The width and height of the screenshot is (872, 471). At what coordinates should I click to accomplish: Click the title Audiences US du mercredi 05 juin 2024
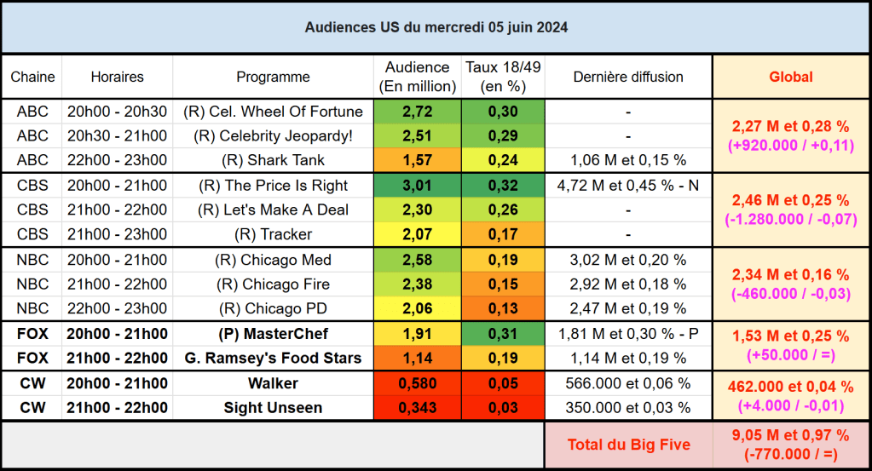pyautogui.click(x=436, y=27)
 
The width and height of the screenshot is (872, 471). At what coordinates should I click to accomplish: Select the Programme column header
pyautogui.click(x=273, y=77)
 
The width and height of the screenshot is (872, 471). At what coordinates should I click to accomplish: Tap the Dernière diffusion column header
pyautogui.click(x=628, y=77)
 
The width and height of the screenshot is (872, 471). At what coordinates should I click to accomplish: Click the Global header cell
pyautogui.click(x=791, y=77)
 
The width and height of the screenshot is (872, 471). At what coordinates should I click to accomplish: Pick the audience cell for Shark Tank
pyautogui.click(x=417, y=160)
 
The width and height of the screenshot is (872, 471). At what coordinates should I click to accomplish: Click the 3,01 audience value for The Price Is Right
pyautogui.click(x=417, y=186)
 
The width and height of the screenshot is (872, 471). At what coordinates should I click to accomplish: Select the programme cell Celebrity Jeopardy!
pyautogui.click(x=273, y=135)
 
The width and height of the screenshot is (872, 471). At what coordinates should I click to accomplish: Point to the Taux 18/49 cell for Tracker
pyautogui.click(x=503, y=234)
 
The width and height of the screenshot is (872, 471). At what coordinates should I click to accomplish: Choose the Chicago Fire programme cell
pyautogui.click(x=273, y=284)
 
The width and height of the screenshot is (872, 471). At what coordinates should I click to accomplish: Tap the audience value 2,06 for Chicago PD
pyautogui.click(x=417, y=308)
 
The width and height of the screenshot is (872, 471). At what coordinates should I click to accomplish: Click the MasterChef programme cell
pyautogui.click(x=273, y=334)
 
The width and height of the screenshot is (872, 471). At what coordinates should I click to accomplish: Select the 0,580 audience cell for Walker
pyautogui.click(x=417, y=383)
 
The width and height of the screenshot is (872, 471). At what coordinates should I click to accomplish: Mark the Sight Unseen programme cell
pyautogui.click(x=273, y=408)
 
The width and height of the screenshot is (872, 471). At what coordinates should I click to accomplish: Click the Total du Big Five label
pyautogui.click(x=628, y=445)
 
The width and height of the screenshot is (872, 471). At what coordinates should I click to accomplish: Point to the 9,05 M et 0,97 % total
pyautogui.click(x=791, y=437)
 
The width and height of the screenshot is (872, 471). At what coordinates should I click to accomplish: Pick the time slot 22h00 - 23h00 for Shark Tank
pyautogui.click(x=118, y=160)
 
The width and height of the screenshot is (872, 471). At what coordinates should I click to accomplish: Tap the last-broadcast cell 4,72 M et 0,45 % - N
pyautogui.click(x=628, y=186)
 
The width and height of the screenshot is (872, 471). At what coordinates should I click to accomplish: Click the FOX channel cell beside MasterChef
pyautogui.click(x=32, y=334)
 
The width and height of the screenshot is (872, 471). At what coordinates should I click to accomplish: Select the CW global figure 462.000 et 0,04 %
pyautogui.click(x=791, y=387)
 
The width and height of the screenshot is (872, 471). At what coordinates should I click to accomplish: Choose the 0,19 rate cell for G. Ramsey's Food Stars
pyautogui.click(x=503, y=359)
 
